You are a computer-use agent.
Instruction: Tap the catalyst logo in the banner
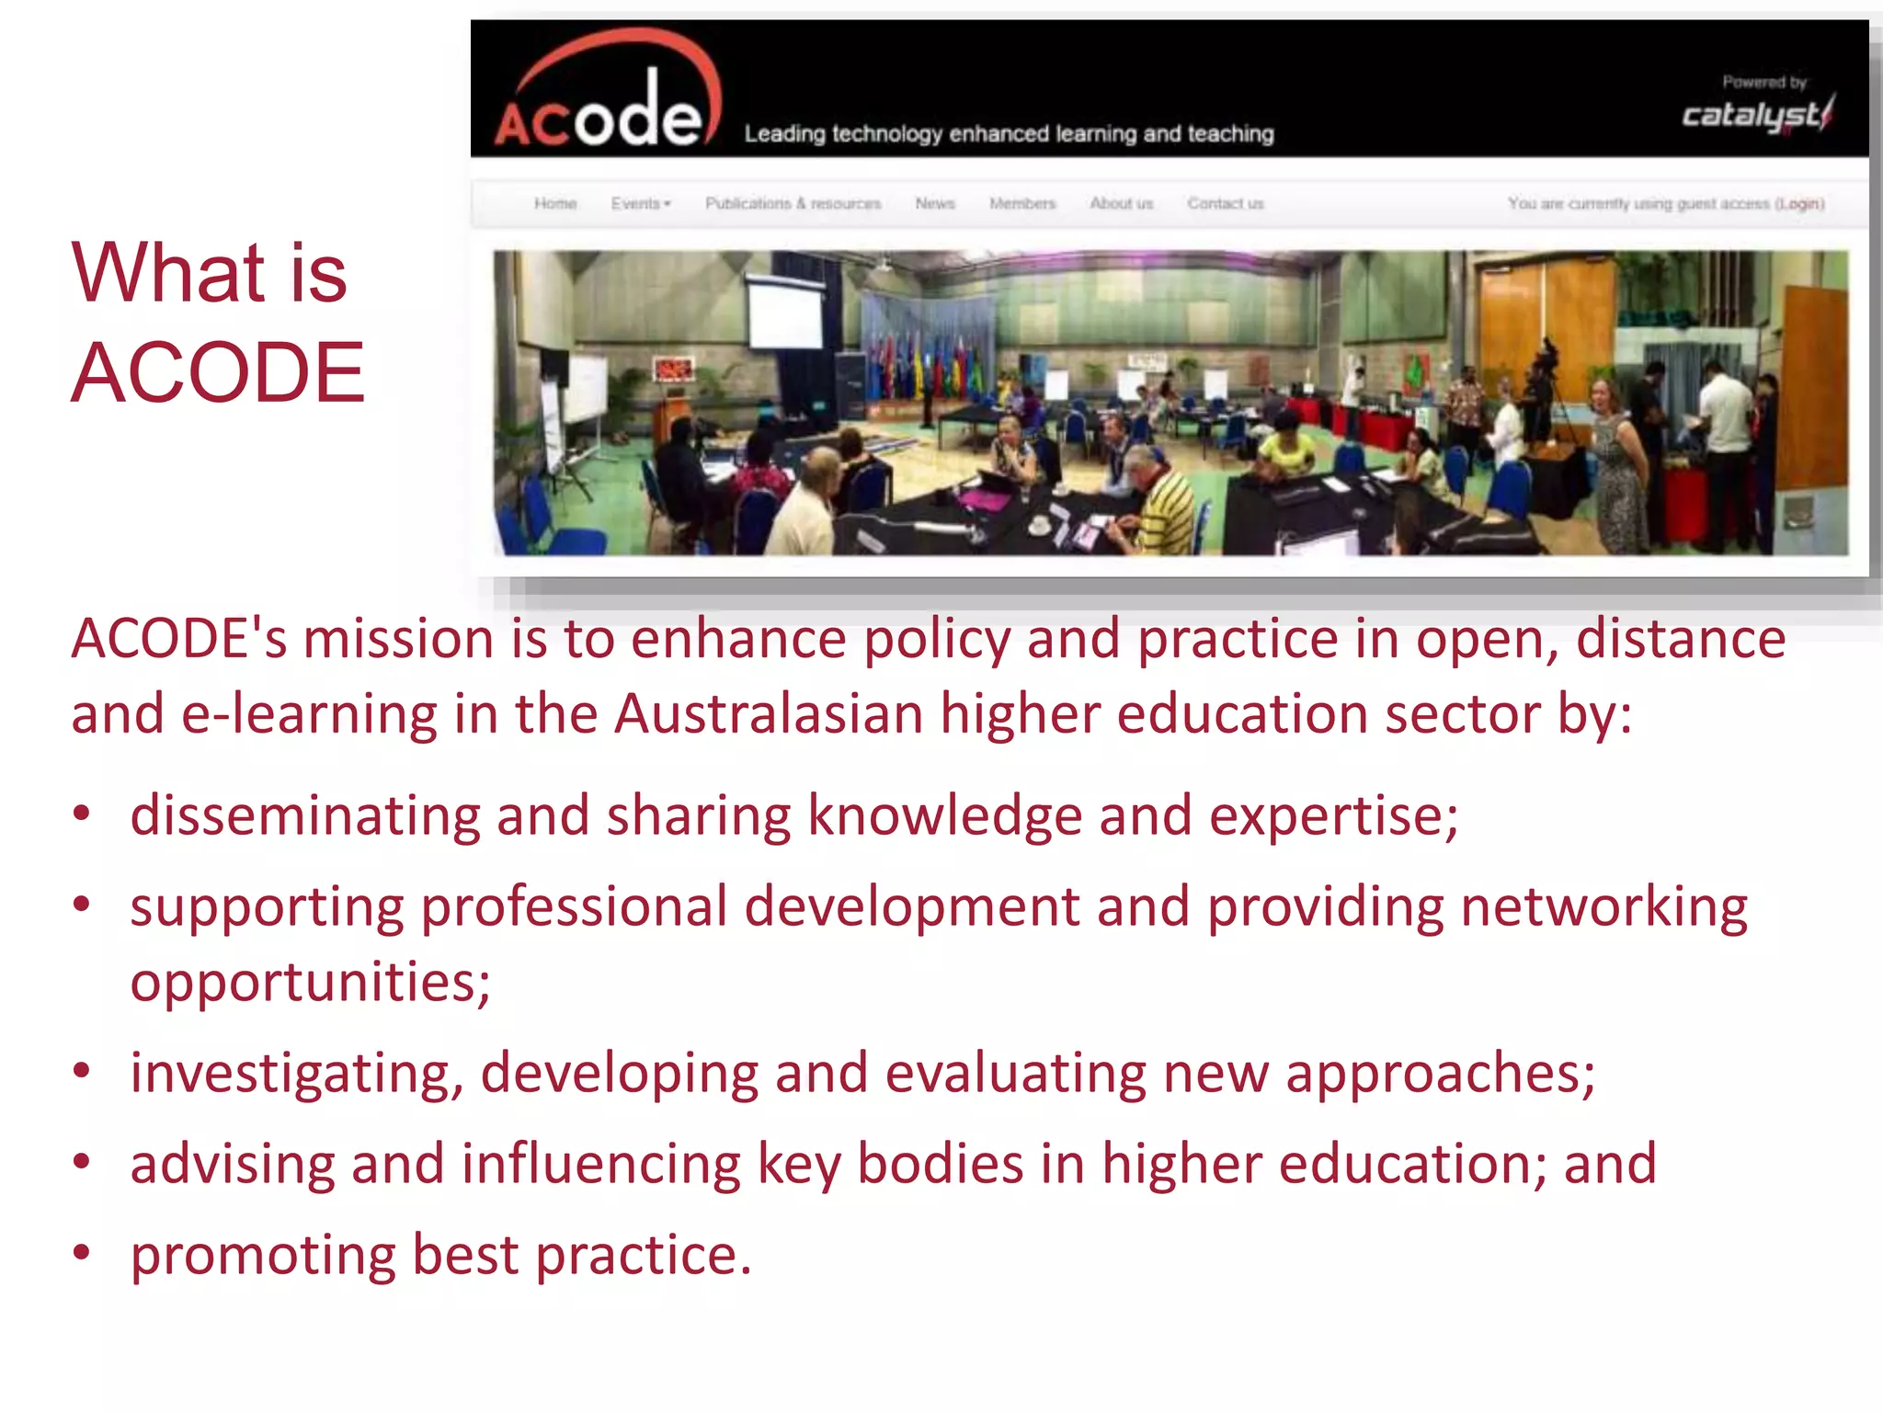point(1756,115)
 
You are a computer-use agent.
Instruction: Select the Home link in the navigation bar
point(555,203)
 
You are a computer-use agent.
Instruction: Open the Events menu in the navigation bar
point(641,203)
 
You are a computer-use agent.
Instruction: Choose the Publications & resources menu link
point(793,203)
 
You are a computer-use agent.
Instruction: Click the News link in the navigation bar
point(935,203)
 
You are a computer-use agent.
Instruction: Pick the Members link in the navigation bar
point(1022,203)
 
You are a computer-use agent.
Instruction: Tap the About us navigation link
point(1121,203)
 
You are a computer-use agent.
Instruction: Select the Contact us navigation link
point(1226,203)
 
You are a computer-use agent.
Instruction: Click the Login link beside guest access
point(1799,203)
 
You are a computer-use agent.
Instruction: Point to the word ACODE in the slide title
point(218,372)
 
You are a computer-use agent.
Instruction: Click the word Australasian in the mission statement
point(769,714)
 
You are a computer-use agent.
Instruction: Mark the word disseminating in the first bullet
point(304,815)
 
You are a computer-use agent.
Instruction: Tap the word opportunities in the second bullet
point(309,983)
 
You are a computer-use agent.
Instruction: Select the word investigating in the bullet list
point(296,1074)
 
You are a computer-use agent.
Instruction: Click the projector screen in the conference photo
point(785,314)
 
